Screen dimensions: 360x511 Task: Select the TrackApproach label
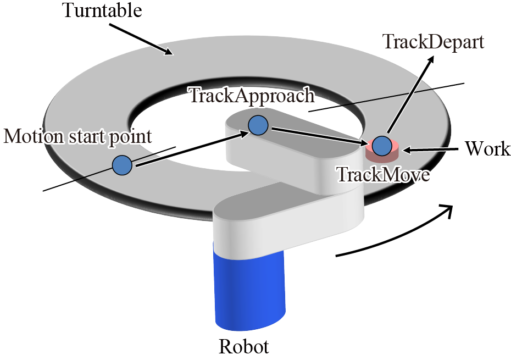252,95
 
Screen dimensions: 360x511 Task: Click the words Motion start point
77,136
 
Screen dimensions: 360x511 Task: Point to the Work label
487,148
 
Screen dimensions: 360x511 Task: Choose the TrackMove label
382,175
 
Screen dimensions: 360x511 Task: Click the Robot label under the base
244,347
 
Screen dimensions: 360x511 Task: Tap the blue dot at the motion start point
122,165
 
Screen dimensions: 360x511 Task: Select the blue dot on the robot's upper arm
258,126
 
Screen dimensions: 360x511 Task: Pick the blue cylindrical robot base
250,289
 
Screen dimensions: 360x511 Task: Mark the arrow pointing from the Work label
435,149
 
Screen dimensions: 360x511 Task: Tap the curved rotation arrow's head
448,210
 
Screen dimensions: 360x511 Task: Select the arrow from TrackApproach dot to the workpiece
319,136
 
